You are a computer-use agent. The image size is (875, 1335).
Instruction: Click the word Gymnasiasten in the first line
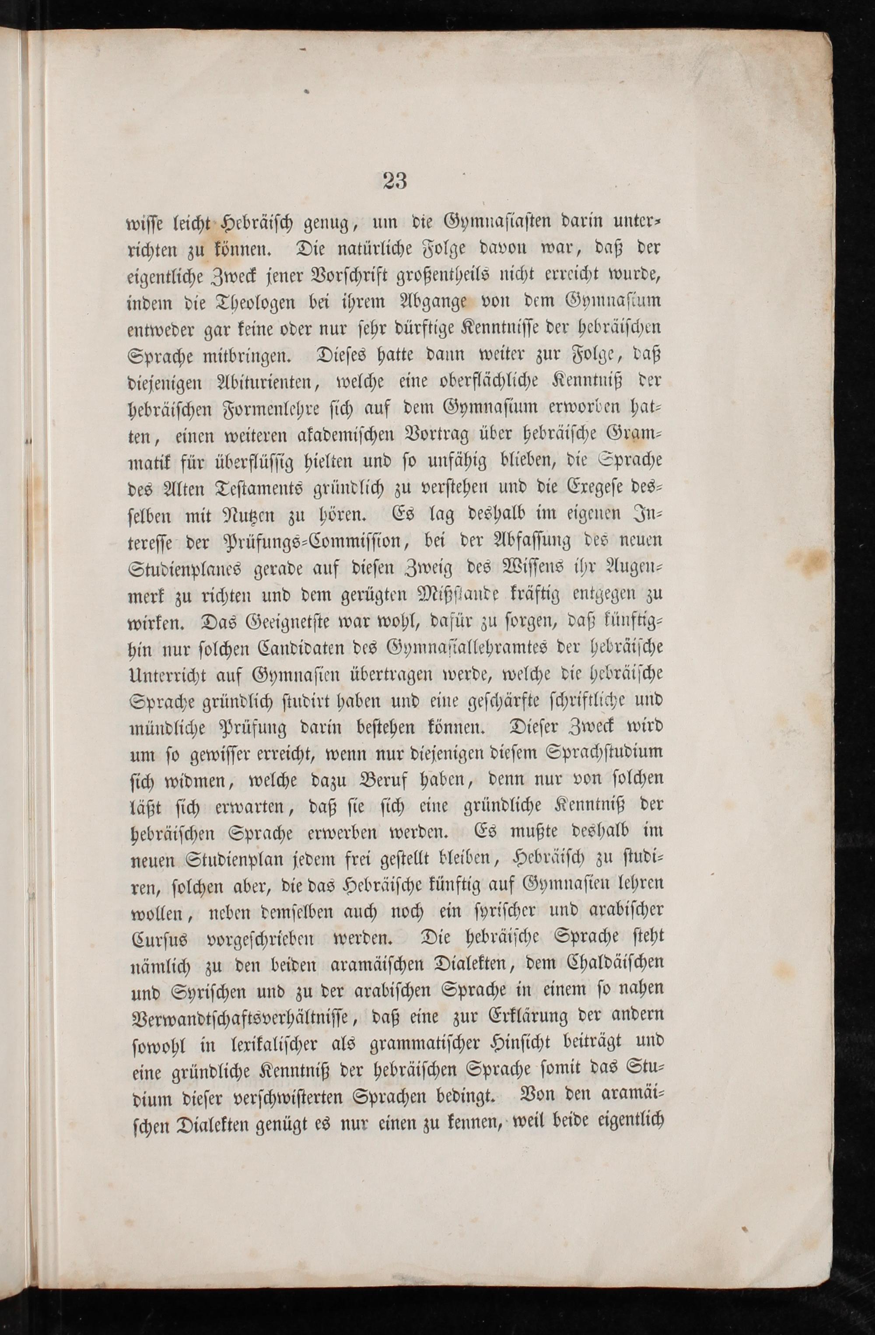click(x=505, y=223)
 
